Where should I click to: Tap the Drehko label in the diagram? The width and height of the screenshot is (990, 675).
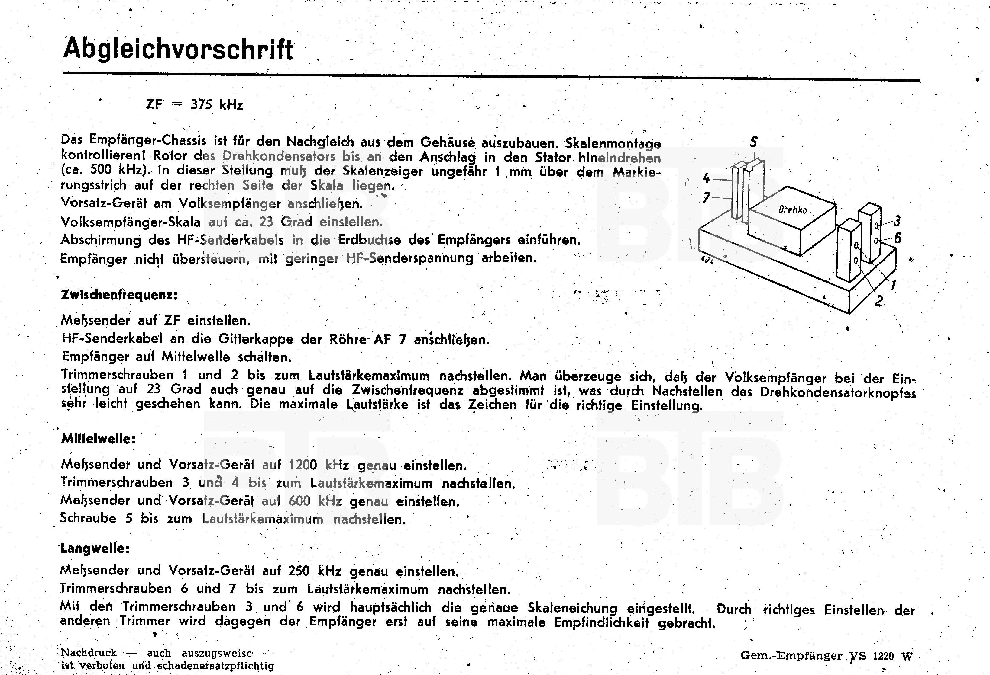coord(792,210)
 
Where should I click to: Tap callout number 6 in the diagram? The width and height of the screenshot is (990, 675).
coord(898,238)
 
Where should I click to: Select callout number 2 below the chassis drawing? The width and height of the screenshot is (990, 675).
coord(878,301)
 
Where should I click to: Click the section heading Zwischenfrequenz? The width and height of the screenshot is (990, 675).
coord(119,295)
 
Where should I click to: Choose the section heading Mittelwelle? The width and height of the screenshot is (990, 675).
coord(99,439)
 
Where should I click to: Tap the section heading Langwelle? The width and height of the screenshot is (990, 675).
coord(95,548)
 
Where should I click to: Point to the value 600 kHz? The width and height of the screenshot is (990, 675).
coord(315,501)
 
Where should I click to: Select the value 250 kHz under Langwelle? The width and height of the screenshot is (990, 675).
coord(314,570)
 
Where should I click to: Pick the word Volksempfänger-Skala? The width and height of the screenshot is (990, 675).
coord(130,222)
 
